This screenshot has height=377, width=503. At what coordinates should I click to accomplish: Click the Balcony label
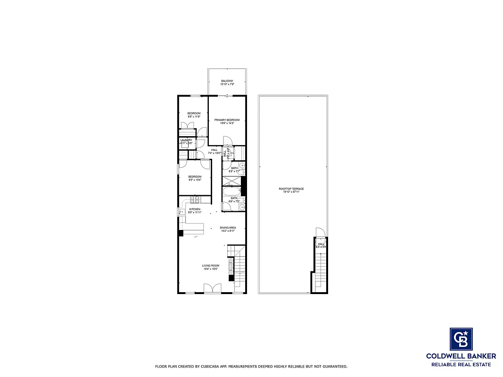pyautogui.click(x=227, y=81)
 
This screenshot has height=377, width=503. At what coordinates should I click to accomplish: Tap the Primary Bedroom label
pyautogui.click(x=227, y=120)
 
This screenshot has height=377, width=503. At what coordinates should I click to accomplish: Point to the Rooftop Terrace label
pyautogui.click(x=291, y=189)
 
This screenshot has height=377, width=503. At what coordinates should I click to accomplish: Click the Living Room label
pyautogui.click(x=211, y=265)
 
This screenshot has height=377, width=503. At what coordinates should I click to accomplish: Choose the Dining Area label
pyautogui.click(x=228, y=228)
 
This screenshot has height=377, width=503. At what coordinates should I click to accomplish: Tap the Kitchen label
pyautogui.click(x=195, y=209)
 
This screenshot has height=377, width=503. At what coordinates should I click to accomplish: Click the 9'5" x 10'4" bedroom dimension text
pyautogui.click(x=195, y=180)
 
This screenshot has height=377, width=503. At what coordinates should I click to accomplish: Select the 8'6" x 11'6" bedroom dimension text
pyautogui.click(x=194, y=117)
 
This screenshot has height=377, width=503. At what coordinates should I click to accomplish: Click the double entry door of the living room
pyautogui.click(x=212, y=288)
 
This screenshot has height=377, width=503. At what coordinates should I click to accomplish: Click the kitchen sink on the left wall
pyautogui.click(x=182, y=212)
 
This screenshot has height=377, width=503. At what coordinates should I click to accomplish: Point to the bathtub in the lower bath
pyautogui.click(x=231, y=192)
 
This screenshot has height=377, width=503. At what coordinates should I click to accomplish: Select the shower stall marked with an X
pyautogui.click(x=231, y=181)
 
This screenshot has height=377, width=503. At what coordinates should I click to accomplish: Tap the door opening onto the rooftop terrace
pyautogui.click(x=320, y=232)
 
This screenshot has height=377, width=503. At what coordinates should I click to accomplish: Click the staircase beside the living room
pyautogui.click(x=240, y=269)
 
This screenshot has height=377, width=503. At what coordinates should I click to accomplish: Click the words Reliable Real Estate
pyautogui.click(x=461, y=364)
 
